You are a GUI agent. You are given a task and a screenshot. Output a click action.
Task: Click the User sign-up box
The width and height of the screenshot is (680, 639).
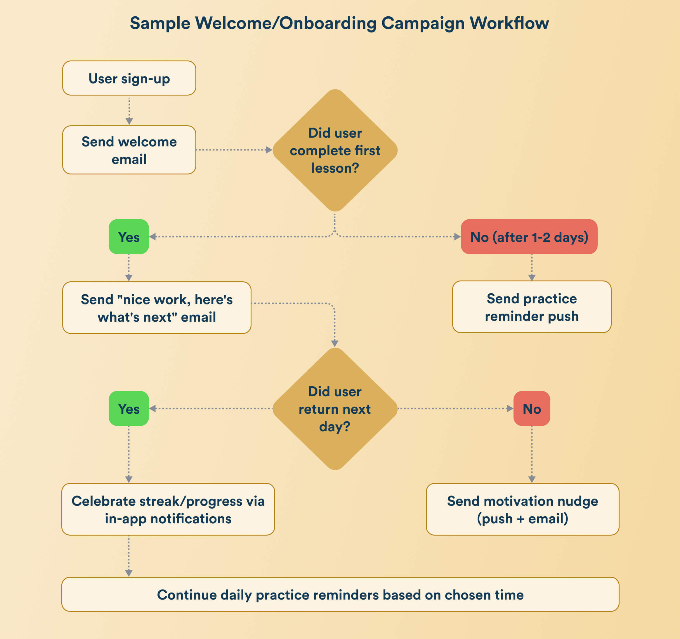pos(129,78)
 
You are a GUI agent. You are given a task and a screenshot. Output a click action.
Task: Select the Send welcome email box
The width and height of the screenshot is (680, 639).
pos(129,150)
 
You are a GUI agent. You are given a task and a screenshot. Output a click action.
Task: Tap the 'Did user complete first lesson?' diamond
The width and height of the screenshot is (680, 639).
pos(335,150)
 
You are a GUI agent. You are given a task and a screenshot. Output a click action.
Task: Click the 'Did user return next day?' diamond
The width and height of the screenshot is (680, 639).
pos(335,409)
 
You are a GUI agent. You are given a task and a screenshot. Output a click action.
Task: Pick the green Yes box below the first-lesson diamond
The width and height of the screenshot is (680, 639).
pos(129,237)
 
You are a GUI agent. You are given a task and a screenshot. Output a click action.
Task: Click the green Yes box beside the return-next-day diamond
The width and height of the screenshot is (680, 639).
pos(129,408)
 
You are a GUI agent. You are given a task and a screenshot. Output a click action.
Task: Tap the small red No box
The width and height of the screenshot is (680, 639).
pos(532,408)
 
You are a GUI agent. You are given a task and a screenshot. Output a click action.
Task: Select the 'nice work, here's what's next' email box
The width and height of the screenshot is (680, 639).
pos(157,308)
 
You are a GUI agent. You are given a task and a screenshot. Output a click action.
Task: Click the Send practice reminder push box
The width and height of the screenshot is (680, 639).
pos(532,307)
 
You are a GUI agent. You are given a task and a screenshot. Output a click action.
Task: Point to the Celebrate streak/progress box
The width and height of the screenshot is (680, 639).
pos(168,509)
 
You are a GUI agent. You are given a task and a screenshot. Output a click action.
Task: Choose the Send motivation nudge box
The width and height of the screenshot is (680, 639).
pos(522,509)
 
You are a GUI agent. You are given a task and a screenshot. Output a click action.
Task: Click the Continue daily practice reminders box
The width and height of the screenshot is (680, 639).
pos(340,594)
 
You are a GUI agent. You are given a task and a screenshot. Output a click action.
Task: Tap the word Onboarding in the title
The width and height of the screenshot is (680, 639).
pos(328,23)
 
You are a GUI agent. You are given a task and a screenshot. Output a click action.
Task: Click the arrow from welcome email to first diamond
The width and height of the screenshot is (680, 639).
pos(234,150)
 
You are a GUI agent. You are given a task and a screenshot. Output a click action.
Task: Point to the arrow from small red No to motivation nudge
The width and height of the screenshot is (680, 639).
pos(532,454)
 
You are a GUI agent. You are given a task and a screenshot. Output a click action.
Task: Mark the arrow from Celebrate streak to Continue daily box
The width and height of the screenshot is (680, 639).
pos(129,556)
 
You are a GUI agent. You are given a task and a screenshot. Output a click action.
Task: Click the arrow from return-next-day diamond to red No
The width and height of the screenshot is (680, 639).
pos(455,408)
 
